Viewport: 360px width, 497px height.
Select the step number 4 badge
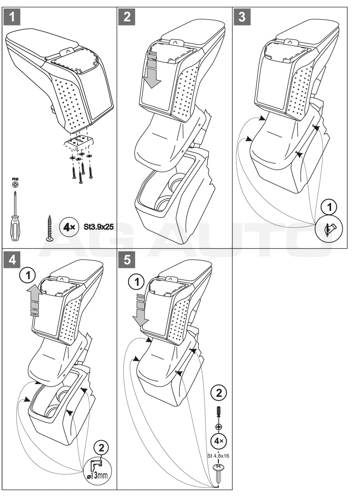13,259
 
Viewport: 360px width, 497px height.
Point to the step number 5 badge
127,259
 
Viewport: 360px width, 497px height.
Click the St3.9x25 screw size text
98,227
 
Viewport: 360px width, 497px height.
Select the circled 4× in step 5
219,441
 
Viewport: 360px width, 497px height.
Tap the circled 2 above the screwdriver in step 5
219,393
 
